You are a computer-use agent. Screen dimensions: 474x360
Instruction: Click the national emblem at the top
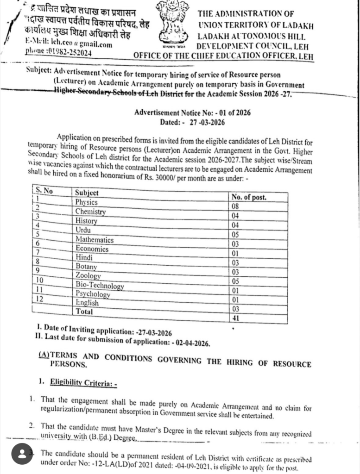click(x=176, y=24)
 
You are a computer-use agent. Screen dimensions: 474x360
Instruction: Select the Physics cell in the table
click(x=87, y=202)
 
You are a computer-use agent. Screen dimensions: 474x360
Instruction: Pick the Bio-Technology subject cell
click(x=100, y=286)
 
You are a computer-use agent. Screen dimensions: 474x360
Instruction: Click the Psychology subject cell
click(x=93, y=294)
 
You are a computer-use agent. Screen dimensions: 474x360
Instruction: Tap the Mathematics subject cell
click(x=95, y=240)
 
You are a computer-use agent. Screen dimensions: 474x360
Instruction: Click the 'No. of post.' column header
click(x=249, y=197)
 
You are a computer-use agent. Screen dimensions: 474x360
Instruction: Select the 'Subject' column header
click(x=87, y=193)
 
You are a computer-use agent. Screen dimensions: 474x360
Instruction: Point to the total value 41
click(x=235, y=318)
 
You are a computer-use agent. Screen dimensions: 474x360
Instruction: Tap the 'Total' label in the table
click(x=84, y=312)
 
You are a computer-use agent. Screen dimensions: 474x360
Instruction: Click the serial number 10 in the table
click(x=39, y=281)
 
